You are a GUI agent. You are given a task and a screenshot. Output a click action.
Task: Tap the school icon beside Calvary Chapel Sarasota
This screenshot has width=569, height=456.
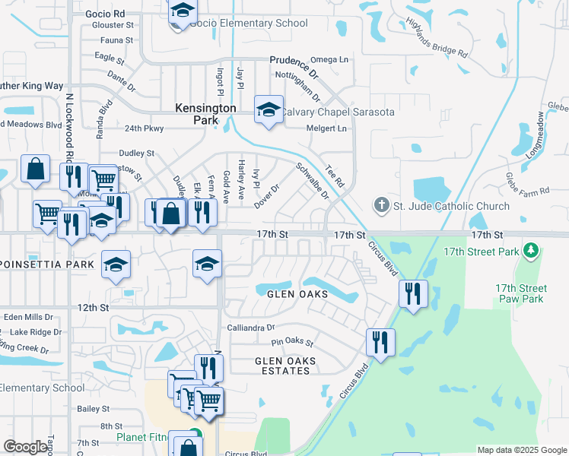[x=269, y=111]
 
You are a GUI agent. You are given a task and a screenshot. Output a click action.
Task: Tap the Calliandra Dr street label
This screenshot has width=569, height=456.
[x=250, y=328]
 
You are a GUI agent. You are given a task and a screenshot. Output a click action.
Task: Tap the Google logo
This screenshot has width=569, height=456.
[x=25, y=447]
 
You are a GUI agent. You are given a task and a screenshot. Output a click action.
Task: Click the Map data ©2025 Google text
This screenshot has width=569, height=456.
[x=521, y=450]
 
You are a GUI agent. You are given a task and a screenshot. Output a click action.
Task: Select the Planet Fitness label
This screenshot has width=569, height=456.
[x=148, y=437]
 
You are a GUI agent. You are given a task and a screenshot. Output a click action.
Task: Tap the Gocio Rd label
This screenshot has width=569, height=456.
[x=106, y=14]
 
